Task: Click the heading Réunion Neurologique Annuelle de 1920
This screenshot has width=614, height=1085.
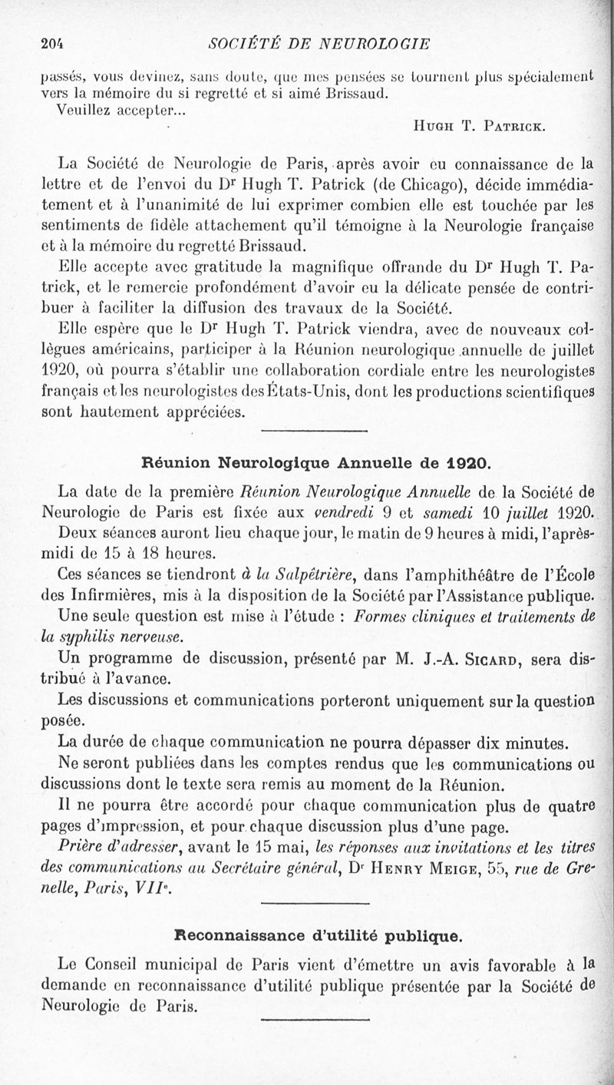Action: click(316, 463)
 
